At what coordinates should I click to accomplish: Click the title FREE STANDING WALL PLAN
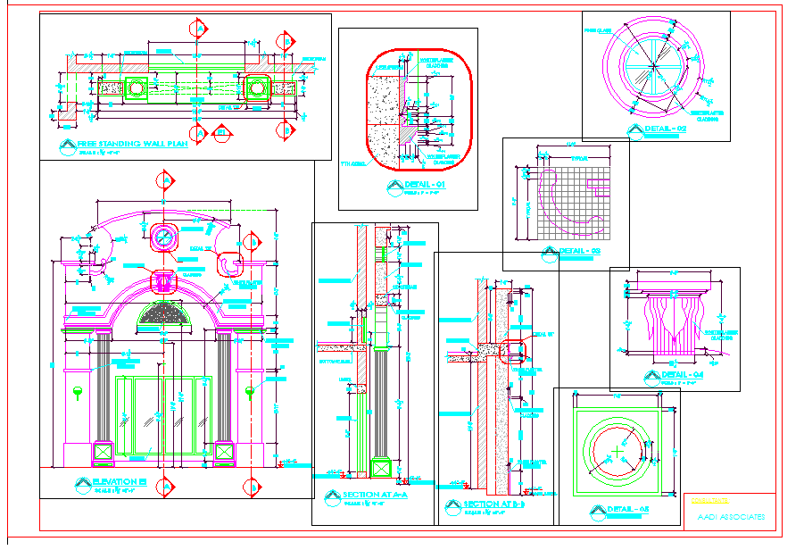pos(132,143)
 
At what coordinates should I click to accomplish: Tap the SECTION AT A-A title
pos(375,495)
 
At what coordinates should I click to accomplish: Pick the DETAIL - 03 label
pos(581,251)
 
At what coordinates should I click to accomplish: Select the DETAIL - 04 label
pos(683,375)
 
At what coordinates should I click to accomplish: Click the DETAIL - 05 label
pos(628,510)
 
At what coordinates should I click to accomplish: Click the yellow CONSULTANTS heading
pos(709,501)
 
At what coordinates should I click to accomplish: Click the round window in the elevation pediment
pos(164,237)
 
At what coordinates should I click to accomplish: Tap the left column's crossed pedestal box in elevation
pos(104,453)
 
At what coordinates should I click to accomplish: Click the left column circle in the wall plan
pos(137,87)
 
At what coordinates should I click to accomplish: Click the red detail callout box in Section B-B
pos(513,350)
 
